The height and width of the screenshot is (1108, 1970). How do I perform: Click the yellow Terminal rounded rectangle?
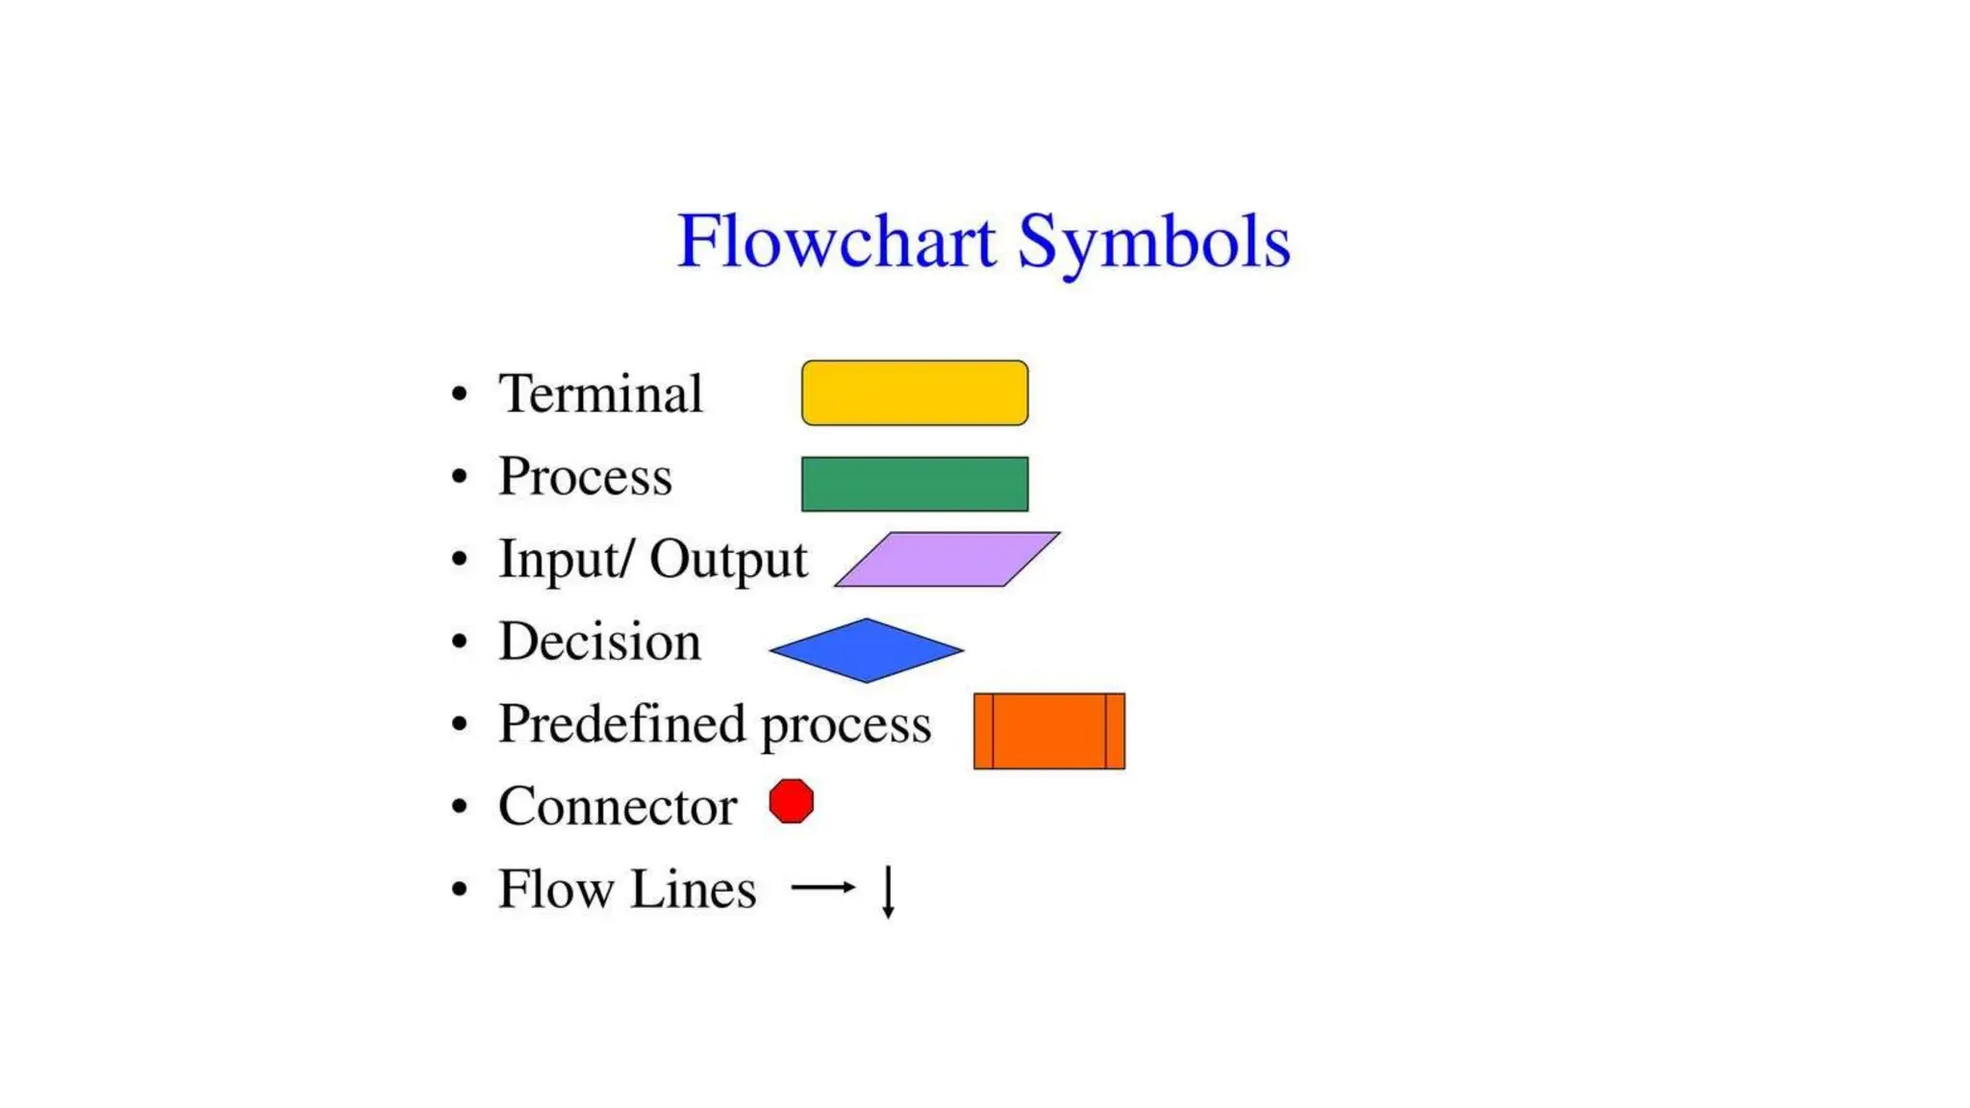(x=914, y=392)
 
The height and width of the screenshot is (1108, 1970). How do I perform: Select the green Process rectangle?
(x=914, y=484)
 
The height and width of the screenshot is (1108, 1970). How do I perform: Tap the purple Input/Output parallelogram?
(x=947, y=559)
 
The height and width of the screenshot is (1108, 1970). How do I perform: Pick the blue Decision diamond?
(x=866, y=650)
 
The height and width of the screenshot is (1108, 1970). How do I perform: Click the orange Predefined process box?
(x=1048, y=731)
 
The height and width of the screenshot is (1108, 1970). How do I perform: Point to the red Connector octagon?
(x=792, y=801)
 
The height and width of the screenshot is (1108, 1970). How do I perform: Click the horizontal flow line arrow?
(x=823, y=887)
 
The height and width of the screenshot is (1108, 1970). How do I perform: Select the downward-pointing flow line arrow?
(x=889, y=892)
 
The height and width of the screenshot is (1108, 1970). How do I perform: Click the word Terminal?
(x=600, y=393)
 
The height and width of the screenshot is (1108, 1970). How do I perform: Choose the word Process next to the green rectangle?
(x=585, y=476)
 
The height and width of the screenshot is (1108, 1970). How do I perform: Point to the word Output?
(x=728, y=560)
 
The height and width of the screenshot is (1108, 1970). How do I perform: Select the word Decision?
(x=599, y=642)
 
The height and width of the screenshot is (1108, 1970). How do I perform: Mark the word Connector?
(x=618, y=806)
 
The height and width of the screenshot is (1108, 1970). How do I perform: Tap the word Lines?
(x=694, y=889)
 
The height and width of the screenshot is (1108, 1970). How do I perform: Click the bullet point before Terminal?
(x=460, y=394)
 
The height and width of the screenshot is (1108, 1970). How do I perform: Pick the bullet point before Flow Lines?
(x=460, y=890)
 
